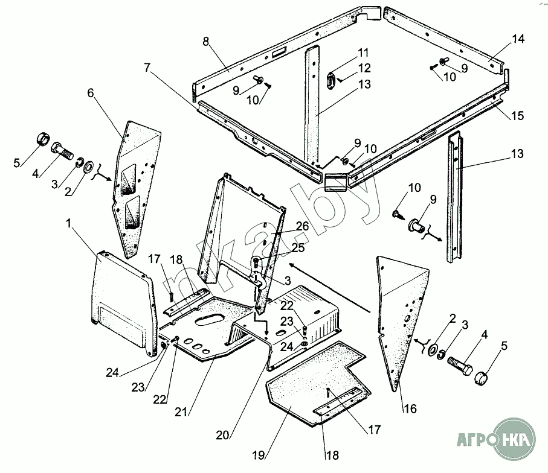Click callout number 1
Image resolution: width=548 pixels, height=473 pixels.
(69, 223)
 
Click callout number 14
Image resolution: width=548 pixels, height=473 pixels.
(517, 40)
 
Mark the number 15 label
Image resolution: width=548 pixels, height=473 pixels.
(517, 115)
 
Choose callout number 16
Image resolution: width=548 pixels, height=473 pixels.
(410, 409)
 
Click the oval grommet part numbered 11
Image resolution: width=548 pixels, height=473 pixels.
(331, 81)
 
